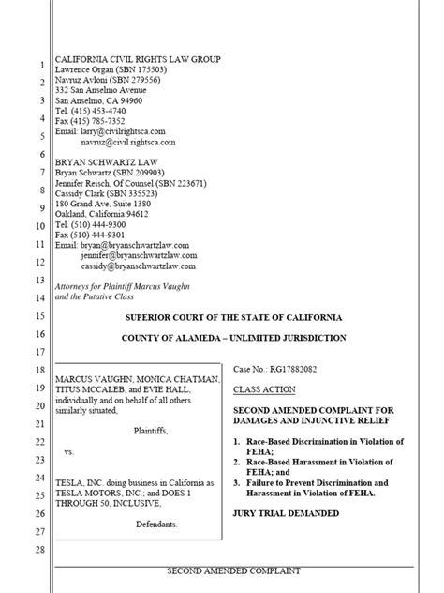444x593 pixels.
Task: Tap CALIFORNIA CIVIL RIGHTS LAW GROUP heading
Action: (138, 59)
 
